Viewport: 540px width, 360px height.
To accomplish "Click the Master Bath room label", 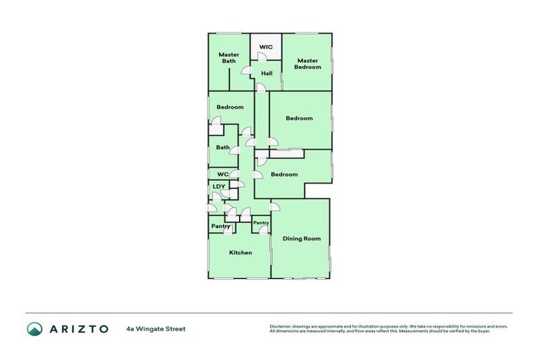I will [x=229, y=58].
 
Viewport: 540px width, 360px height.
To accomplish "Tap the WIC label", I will [x=266, y=47].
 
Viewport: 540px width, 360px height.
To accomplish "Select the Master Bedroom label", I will [x=307, y=63].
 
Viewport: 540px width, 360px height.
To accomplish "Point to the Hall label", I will [x=266, y=73].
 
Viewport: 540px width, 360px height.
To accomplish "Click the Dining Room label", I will [x=302, y=238].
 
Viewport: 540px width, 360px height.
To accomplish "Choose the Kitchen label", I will [x=240, y=252].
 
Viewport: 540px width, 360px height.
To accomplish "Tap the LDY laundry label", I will [x=219, y=186].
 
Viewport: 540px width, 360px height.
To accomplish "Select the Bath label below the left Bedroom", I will [x=223, y=147].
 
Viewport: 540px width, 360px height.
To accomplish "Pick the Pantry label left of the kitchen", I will [x=221, y=226].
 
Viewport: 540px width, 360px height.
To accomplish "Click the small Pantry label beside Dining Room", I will [x=261, y=223].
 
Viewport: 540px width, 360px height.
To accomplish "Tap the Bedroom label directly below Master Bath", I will [x=230, y=107].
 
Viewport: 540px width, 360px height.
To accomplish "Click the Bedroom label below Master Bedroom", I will [x=299, y=118].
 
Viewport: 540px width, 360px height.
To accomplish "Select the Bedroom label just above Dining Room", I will [x=284, y=174].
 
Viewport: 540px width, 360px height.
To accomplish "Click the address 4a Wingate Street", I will [x=156, y=328].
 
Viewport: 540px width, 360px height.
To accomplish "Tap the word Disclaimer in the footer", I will [x=281, y=326].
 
